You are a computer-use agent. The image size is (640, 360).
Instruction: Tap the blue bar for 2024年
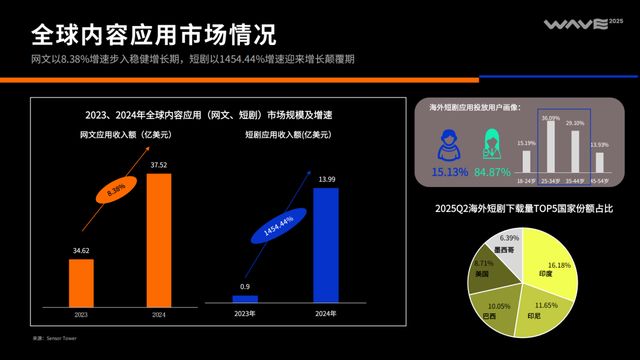click(326, 244)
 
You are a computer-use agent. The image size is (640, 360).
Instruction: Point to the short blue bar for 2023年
click(245, 298)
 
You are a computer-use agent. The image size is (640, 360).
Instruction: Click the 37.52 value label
click(159, 165)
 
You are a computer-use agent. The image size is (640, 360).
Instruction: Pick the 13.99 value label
click(326, 178)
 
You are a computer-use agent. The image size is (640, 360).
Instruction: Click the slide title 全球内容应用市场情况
click(153, 36)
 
